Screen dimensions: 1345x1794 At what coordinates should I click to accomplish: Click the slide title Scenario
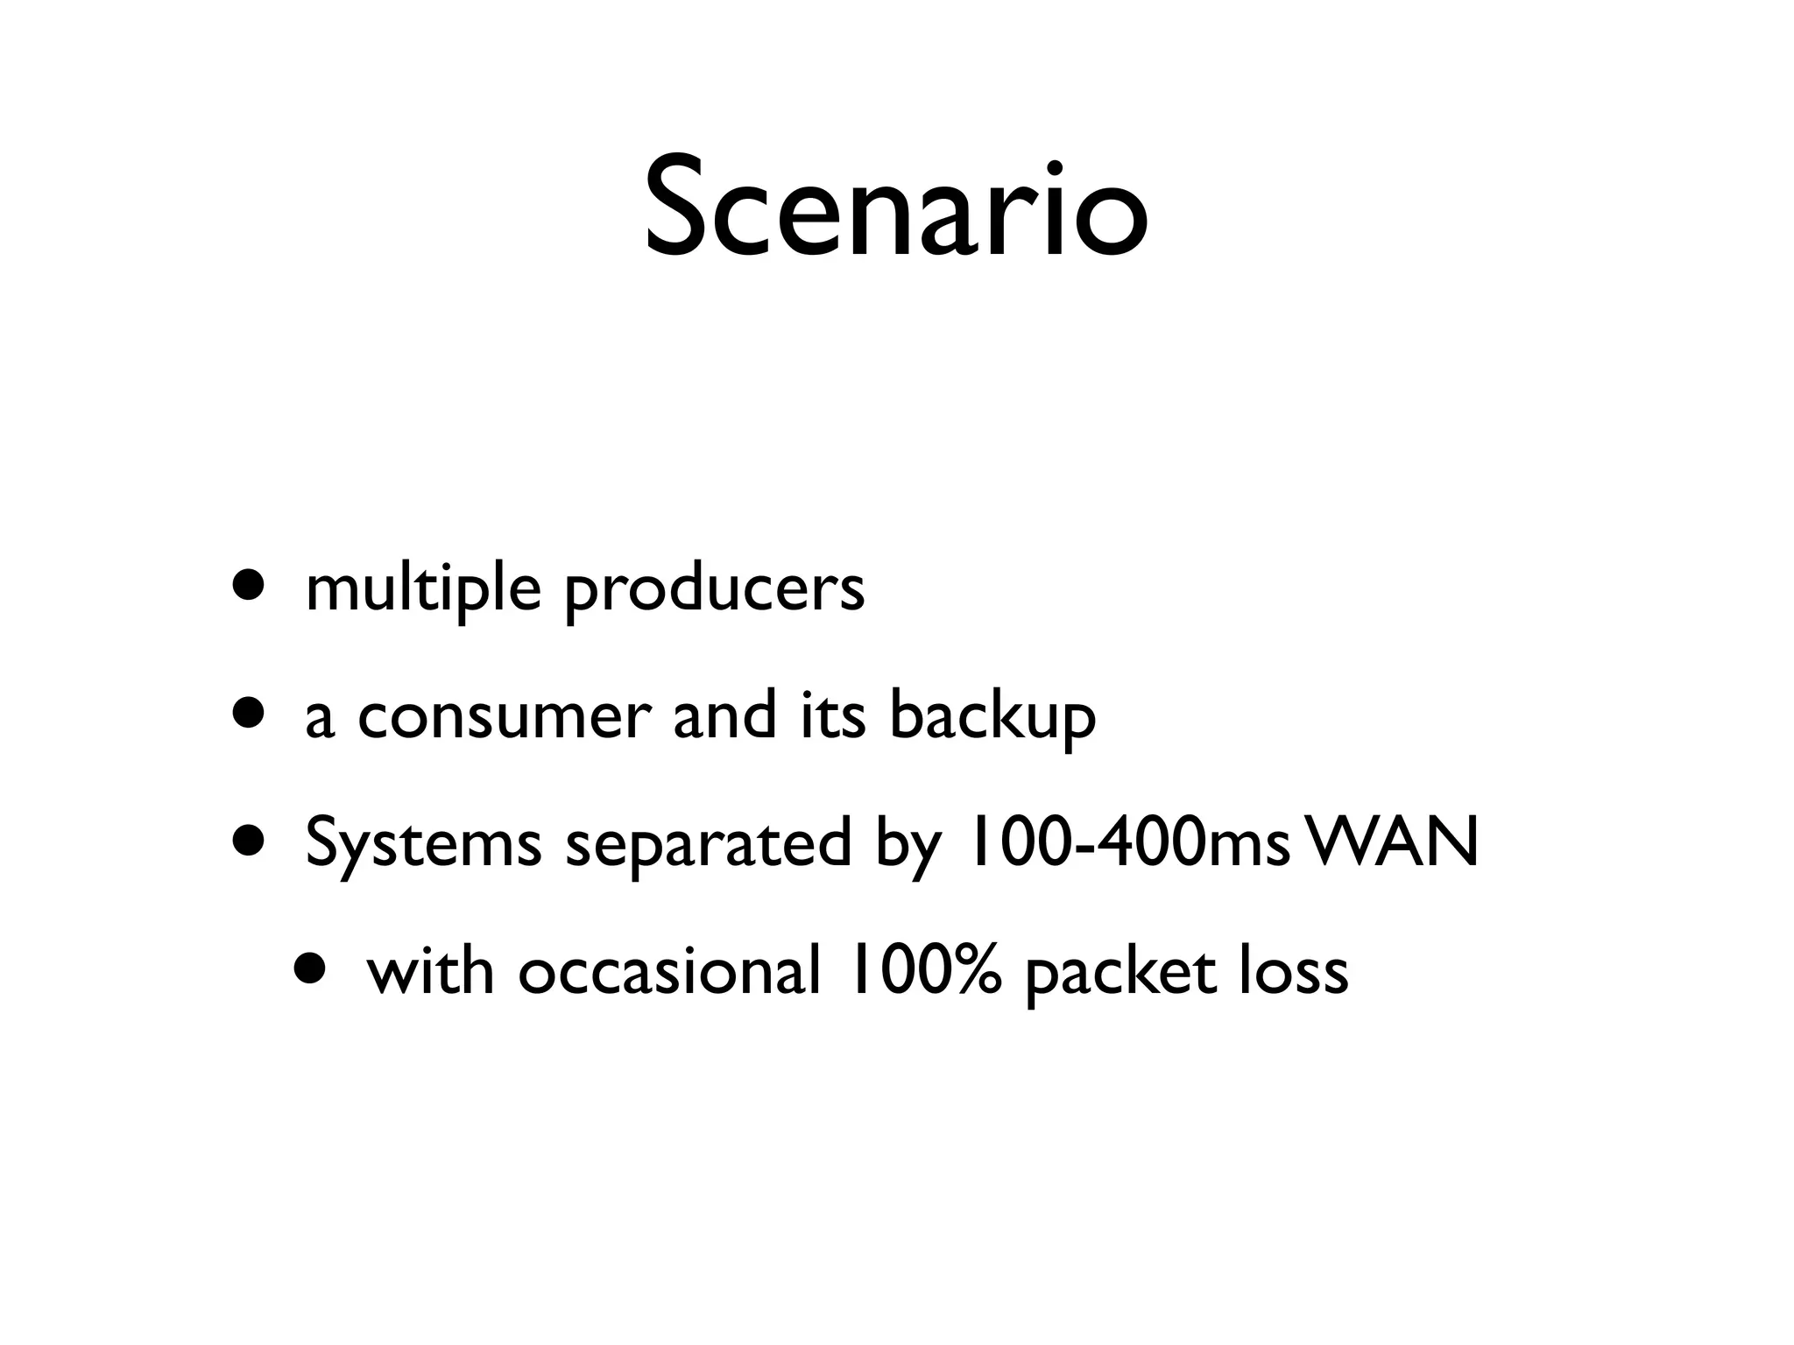coord(896,208)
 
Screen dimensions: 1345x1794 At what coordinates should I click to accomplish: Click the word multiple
coord(423,588)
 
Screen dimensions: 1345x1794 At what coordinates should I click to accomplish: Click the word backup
coord(992,718)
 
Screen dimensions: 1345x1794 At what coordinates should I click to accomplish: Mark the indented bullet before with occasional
coord(312,968)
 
